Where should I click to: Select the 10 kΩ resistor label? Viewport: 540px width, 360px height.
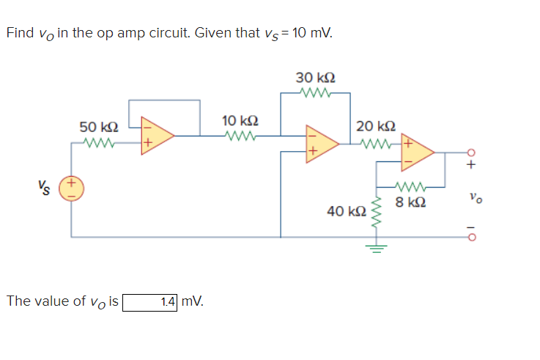[x=239, y=120]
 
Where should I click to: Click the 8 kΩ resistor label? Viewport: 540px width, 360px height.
[x=410, y=201]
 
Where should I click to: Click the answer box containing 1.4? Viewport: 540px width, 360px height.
[x=150, y=301]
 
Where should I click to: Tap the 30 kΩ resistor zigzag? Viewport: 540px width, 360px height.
[x=316, y=92]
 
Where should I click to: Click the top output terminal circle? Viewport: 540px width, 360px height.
[x=471, y=153]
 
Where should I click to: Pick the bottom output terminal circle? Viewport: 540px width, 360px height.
[x=471, y=237]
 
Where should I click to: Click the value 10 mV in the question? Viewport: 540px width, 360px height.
[x=311, y=33]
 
